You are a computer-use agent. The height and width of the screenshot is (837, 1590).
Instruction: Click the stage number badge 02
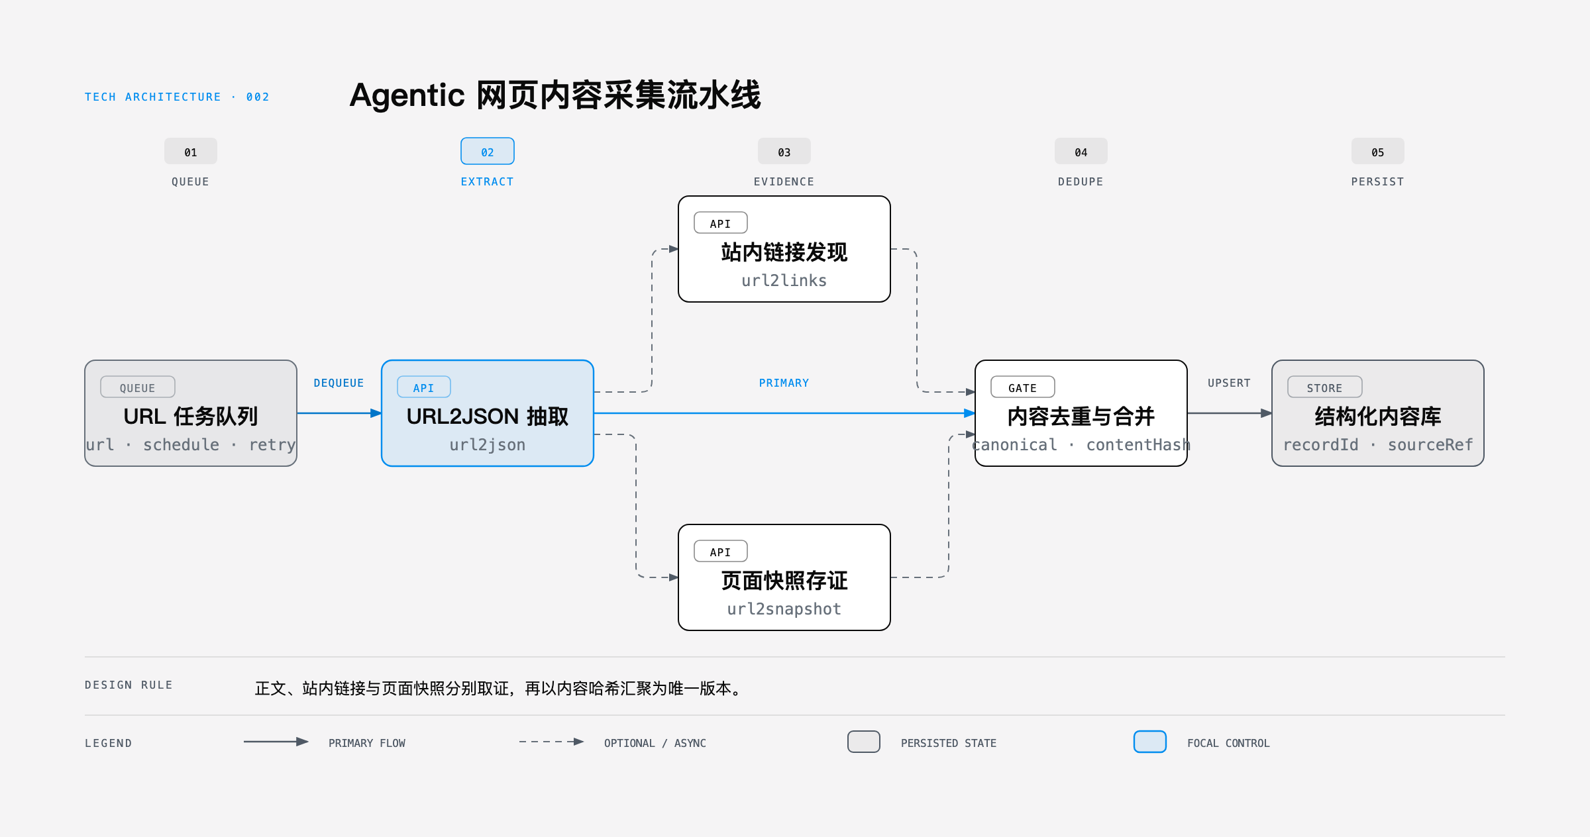click(x=488, y=151)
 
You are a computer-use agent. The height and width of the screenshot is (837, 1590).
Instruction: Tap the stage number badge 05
click(x=1378, y=151)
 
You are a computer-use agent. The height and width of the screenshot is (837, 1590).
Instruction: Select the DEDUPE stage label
click(x=1081, y=181)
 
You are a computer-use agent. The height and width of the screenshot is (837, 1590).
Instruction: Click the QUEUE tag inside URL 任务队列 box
click(x=138, y=387)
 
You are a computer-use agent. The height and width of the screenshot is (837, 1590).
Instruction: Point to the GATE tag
click(x=1023, y=387)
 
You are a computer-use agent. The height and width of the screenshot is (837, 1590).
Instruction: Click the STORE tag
click(x=1325, y=387)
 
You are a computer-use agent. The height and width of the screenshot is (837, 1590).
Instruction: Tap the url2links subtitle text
click(x=784, y=281)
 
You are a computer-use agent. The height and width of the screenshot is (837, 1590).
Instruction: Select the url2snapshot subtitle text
click(x=784, y=609)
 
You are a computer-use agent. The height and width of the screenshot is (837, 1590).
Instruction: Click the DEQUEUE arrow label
click(x=339, y=383)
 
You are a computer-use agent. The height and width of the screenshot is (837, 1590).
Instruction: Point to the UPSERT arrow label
click(x=1229, y=383)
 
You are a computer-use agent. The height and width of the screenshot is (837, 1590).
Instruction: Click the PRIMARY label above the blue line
click(x=784, y=383)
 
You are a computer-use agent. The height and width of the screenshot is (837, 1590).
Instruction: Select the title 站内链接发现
click(x=784, y=252)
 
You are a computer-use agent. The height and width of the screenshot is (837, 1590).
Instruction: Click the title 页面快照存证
click(x=784, y=581)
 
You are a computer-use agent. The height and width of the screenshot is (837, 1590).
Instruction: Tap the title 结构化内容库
click(x=1378, y=417)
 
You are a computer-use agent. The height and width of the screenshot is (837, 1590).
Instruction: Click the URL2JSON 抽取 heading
click(x=488, y=417)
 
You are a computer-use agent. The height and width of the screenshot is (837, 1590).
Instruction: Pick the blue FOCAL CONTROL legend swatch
click(x=1150, y=742)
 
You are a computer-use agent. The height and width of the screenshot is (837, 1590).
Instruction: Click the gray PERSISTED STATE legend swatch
click(x=864, y=742)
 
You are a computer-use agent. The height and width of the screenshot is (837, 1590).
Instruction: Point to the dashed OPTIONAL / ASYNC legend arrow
click(x=551, y=742)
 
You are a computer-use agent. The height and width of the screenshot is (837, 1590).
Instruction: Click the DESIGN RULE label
click(x=129, y=685)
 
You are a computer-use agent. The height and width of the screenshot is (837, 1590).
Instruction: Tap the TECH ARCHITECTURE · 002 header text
click(x=177, y=97)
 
